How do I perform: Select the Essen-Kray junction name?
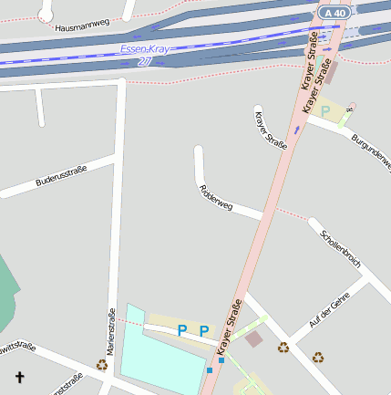point(145,49)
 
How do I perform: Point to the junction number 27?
point(145,61)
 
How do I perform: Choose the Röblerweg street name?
point(216,198)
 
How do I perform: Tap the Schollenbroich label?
point(340,247)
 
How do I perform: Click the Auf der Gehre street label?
point(329,311)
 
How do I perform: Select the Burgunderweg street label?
point(370,141)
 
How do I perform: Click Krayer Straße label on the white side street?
point(271,129)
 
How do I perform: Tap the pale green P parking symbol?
point(325,110)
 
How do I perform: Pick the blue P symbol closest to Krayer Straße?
point(204,330)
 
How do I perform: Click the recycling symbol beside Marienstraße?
point(102,364)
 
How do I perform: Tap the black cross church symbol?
point(20,376)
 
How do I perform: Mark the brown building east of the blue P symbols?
point(253,339)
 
